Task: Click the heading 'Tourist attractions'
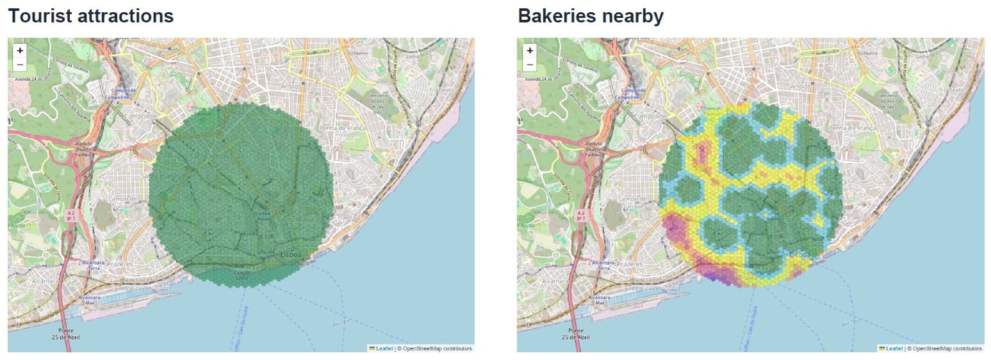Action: tap(91, 16)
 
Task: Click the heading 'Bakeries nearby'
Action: tap(591, 16)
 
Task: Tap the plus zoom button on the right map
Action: tap(530, 50)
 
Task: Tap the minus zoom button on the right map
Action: tap(530, 64)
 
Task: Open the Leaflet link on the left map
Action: tap(384, 348)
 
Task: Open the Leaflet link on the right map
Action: tap(894, 348)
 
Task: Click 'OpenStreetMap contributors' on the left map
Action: tap(436, 348)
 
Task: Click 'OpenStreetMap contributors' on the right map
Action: tap(946, 348)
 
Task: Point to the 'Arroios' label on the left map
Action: tap(291, 86)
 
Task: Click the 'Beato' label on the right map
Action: tap(956, 90)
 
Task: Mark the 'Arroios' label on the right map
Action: tap(801, 86)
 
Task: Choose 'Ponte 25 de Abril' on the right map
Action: tap(576, 333)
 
